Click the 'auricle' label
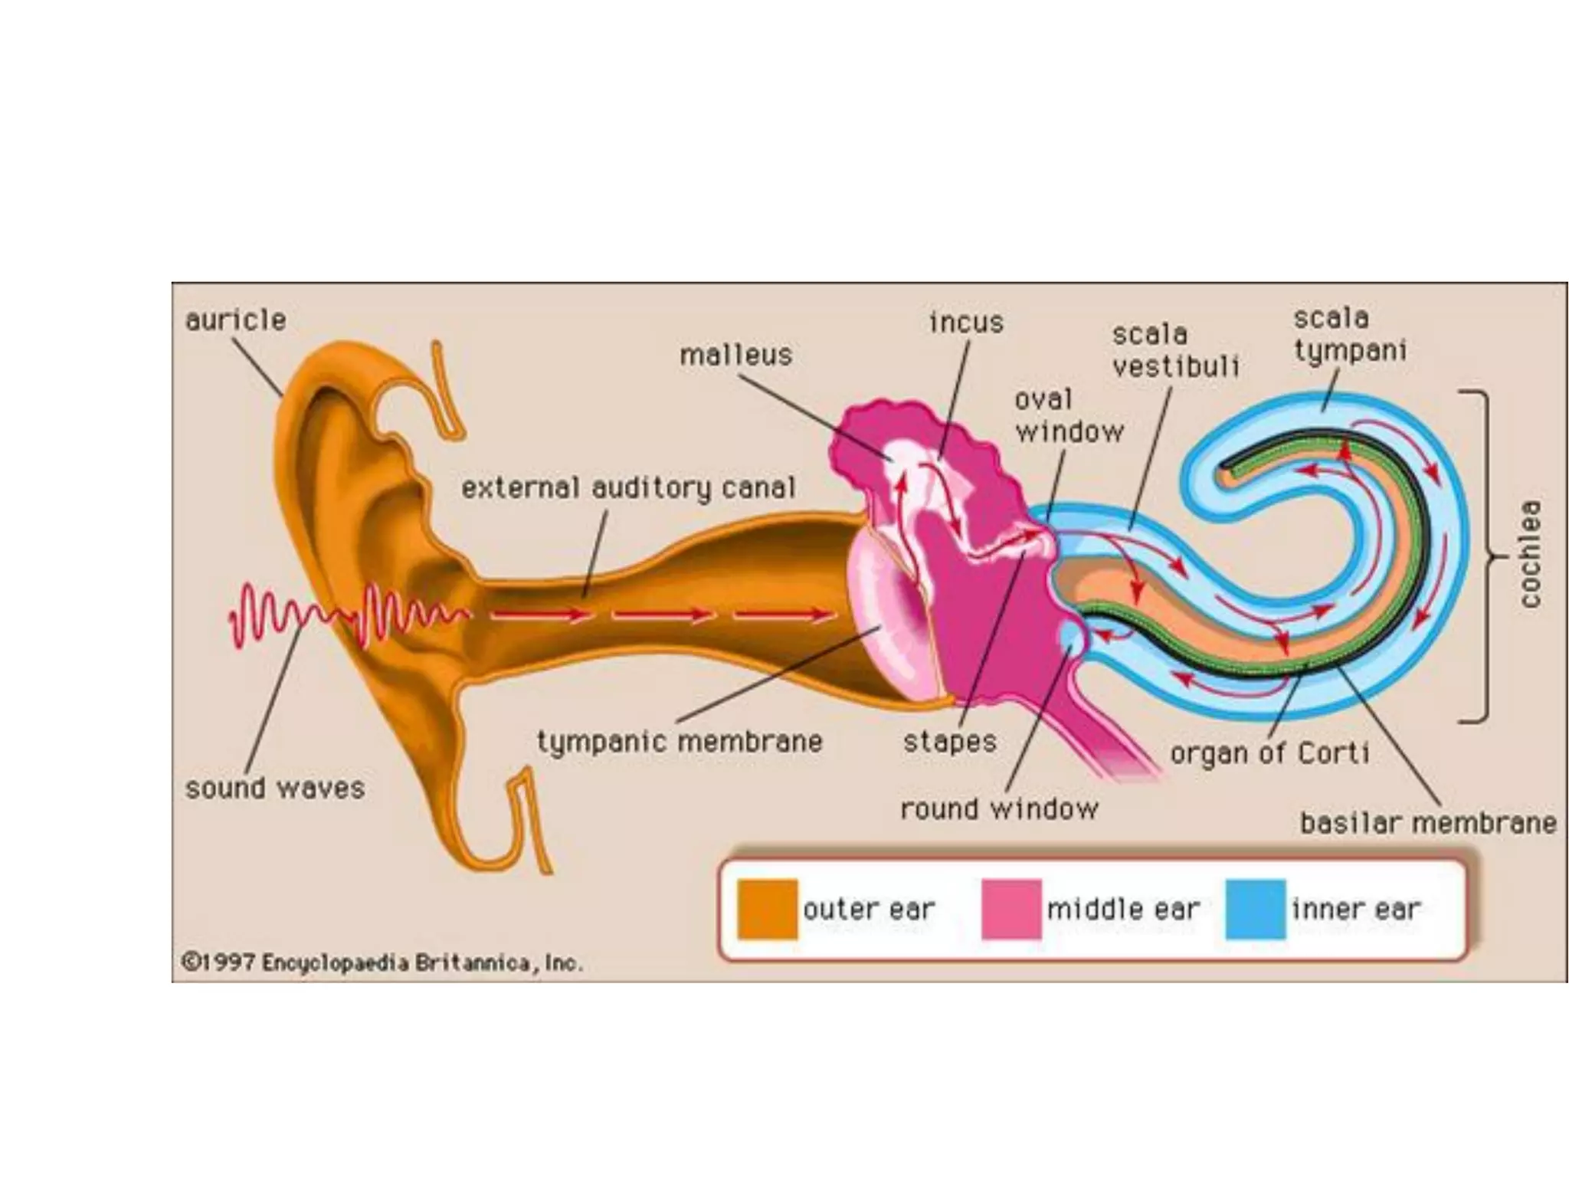coord(235,320)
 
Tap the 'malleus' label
coord(735,355)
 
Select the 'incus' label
coord(966,323)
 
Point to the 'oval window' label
coord(1068,415)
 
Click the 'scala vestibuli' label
coord(1175,350)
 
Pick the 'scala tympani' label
coord(1350,334)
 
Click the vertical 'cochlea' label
coord(1530,553)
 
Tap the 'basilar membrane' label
coord(1428,823)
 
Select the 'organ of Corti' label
coord(1269,753)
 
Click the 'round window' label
coord(999,808)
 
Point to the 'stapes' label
coord(949,742)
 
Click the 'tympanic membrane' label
coord(680,742)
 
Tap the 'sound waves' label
coord(274,788)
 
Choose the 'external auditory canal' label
coord(628,487)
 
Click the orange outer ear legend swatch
coord(767,910)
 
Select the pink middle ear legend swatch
coord(1011,910)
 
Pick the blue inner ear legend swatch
coord(1255,910)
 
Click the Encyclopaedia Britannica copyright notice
coord(382,962)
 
